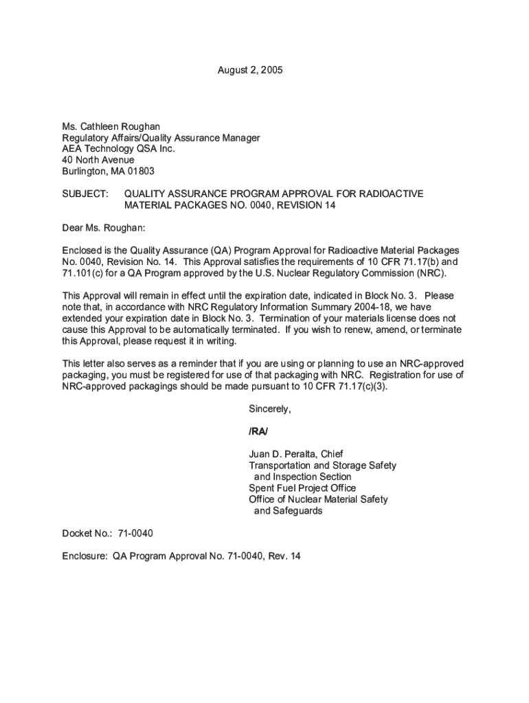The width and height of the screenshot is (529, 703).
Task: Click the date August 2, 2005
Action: coord(250,71)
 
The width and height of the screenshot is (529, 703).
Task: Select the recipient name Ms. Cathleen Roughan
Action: coord(111,126)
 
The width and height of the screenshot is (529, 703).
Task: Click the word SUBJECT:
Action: coord(85,194)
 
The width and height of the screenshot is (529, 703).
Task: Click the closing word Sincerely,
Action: coord(270,409)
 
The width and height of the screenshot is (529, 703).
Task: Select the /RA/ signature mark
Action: coord(258,432)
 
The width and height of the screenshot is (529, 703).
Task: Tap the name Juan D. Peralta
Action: coord(283,454)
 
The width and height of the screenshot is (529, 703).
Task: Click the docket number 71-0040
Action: coord(135,533)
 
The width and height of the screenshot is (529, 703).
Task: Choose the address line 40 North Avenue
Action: coord(98,160)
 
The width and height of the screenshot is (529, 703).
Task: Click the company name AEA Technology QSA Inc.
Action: coord(119,149)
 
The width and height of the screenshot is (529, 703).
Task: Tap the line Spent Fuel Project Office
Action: coord(302,488)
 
